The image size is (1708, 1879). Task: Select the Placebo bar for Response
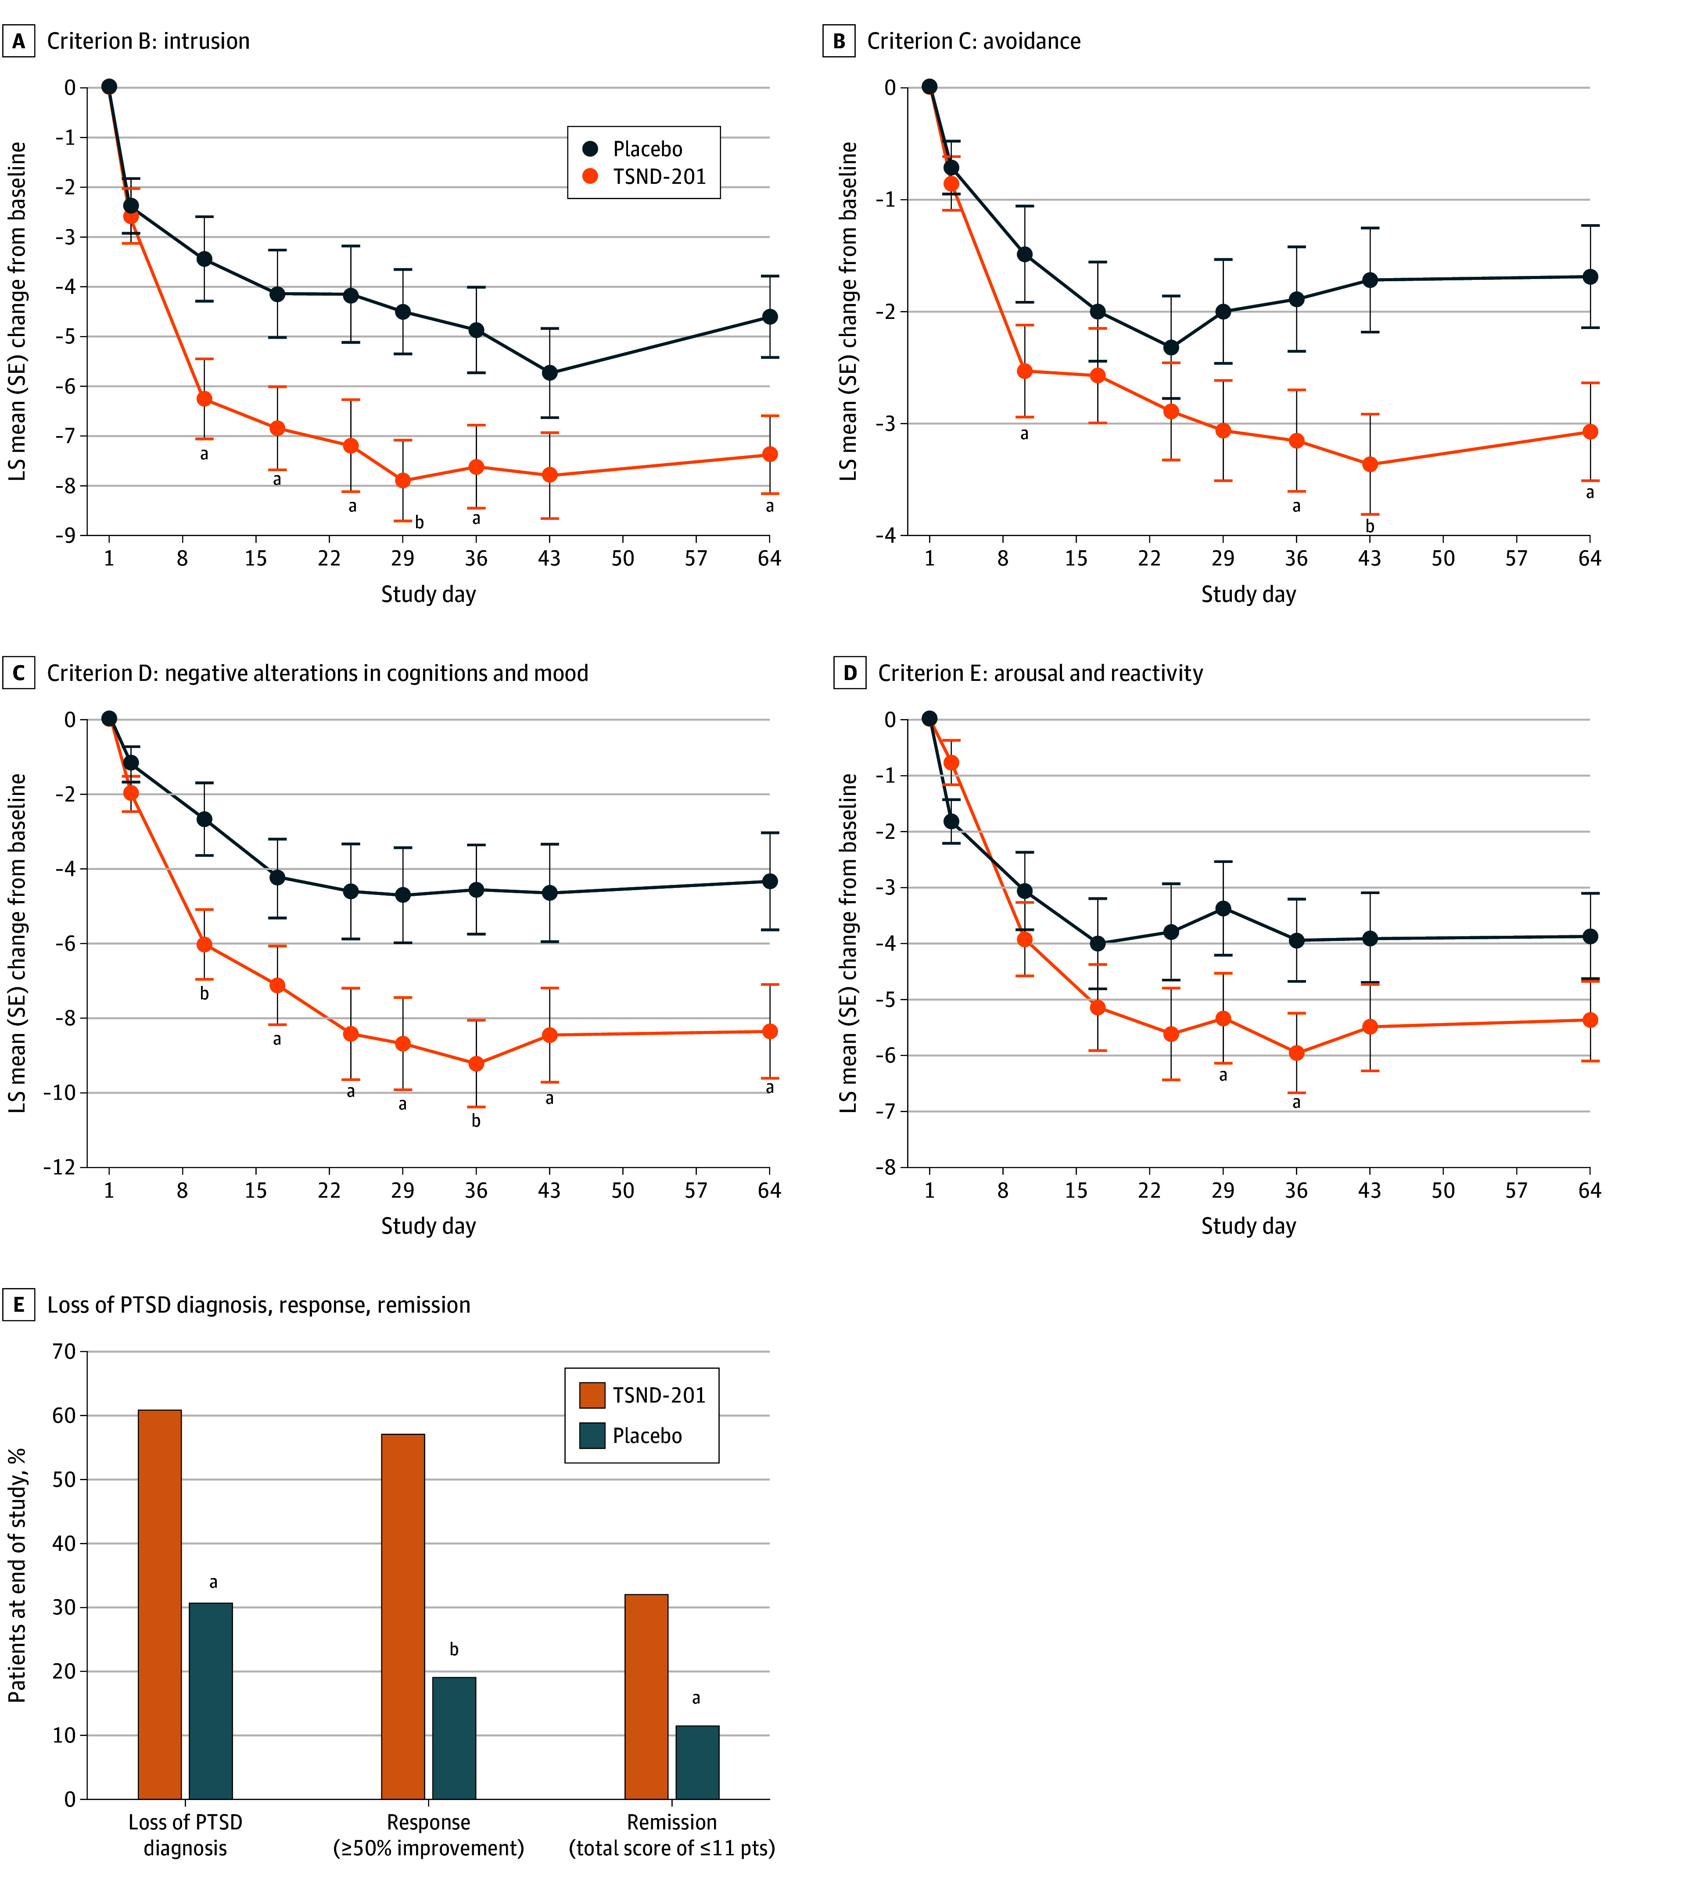[454, 1738]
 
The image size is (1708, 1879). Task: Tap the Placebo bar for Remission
[697, 1762]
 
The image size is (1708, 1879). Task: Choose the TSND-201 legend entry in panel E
[643, 1395]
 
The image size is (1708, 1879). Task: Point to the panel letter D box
[849, 673]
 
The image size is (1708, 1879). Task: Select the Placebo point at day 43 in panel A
[550, 373]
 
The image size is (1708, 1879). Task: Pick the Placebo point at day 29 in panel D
[1223, 909]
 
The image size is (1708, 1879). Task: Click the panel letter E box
[18, 1305]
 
